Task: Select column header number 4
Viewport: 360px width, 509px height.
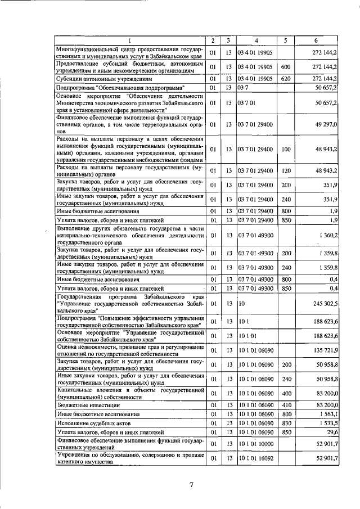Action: (255, 40)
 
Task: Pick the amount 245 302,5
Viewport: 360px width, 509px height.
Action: (324, 303)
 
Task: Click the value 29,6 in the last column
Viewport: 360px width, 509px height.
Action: (331, 432)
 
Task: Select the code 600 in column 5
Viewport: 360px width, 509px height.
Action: (285, 67)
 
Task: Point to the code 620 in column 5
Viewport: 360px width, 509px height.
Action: (285, 79)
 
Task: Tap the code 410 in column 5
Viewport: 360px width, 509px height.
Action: (285, 405)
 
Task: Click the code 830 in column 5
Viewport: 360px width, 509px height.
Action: (285, 423)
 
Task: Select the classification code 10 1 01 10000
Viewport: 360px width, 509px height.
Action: (256, 444)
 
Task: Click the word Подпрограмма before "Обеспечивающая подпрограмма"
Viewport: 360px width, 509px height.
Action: (75, 88)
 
